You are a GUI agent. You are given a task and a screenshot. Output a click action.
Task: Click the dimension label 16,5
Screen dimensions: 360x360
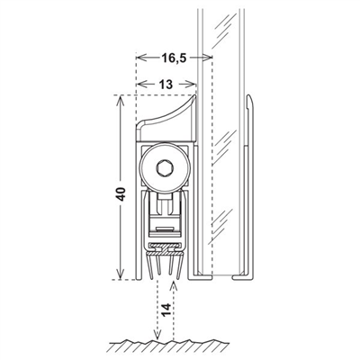click(x=174, y=58)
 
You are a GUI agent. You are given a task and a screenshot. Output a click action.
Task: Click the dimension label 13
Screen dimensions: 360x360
click(x=166, y=85)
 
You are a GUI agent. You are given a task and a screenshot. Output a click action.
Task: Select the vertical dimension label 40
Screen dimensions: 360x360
click(x=121, y=194)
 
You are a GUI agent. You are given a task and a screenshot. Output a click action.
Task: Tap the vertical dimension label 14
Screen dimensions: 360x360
click(x=166, y=310)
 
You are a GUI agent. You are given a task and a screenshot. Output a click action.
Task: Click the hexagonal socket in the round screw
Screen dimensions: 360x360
click(x=166, y=169)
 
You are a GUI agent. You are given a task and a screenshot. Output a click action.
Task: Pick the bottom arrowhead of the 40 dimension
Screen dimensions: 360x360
click(x=121, y=274)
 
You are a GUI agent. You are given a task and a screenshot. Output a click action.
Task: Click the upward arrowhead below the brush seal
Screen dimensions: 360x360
click(x=174, y=286)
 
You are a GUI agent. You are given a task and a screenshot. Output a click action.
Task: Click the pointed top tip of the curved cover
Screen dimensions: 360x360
click(x=194, y=96)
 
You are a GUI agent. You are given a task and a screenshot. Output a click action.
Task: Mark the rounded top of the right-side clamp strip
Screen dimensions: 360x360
click(x=249, y=98)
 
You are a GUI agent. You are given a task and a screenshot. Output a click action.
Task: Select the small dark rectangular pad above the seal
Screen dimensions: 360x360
click(x=166, y=229)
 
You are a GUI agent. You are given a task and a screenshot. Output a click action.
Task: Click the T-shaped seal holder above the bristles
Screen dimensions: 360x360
click(x=165, y=248)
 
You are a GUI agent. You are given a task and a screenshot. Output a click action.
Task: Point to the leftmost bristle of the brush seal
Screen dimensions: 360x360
click(x=148, y=265)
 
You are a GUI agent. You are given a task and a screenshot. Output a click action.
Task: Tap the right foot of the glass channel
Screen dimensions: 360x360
click(x=243, y=276)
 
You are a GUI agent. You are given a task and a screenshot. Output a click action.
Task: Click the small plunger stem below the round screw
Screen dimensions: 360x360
click(x=166, y=204)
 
